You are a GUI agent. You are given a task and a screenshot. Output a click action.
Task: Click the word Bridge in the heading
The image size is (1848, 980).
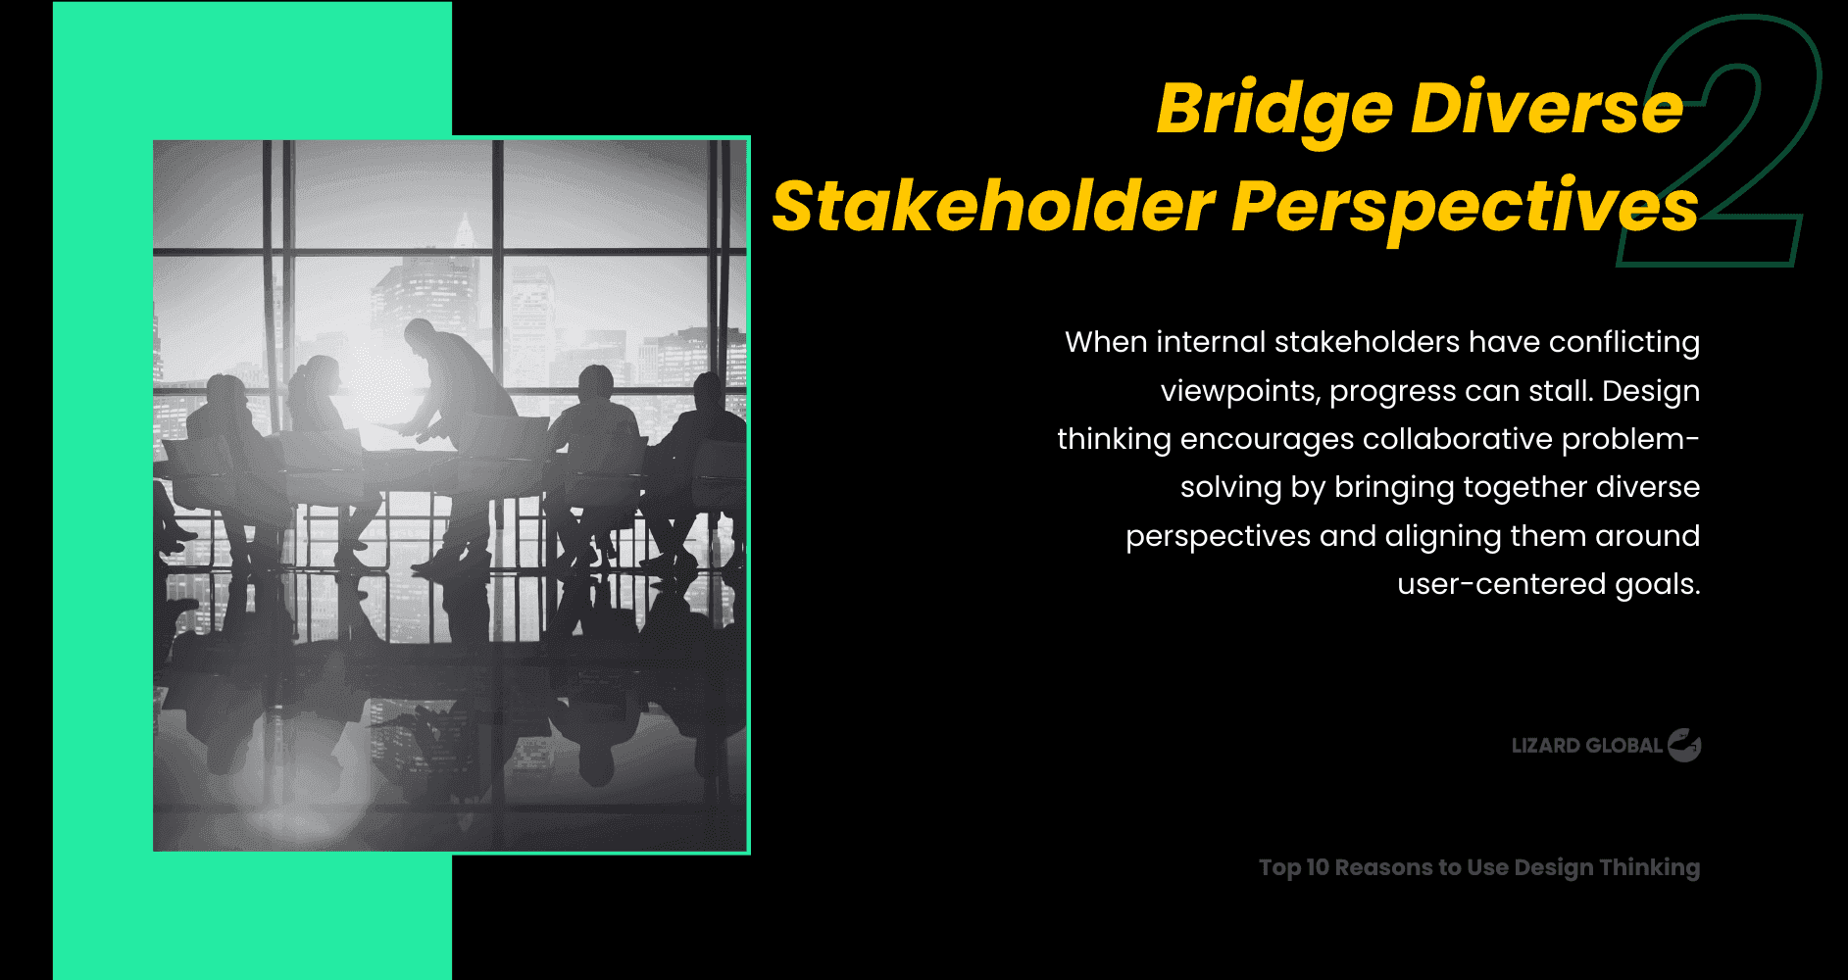1274,108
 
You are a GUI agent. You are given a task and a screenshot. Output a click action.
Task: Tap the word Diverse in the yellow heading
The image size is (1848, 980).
1546,108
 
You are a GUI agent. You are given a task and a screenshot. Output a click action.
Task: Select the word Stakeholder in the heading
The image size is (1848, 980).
993,207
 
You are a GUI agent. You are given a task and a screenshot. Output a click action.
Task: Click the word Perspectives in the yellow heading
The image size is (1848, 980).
1464,207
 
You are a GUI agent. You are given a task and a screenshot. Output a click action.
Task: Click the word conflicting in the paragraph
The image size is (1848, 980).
1623,342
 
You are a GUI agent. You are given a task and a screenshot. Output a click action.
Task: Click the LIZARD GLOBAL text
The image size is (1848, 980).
1586,746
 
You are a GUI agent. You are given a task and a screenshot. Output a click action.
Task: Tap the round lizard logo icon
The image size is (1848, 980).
1684,746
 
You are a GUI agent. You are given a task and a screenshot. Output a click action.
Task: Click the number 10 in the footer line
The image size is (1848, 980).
1318,867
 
